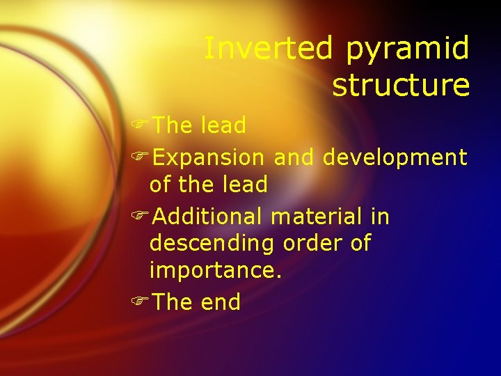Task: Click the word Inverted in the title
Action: (269, 49)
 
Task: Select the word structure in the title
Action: (401, 85)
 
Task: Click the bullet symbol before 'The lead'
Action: (140, 126)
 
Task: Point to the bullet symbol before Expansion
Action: (140, 158)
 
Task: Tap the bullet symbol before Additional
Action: (140, 217)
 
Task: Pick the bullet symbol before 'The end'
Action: (140, 302)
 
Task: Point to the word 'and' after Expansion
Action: (294, 158)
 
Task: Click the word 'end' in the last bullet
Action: (220, 302)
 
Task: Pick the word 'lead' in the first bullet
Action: (223, 126)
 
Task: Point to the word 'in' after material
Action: (380, 217)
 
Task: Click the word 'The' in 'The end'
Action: (173, 302)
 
